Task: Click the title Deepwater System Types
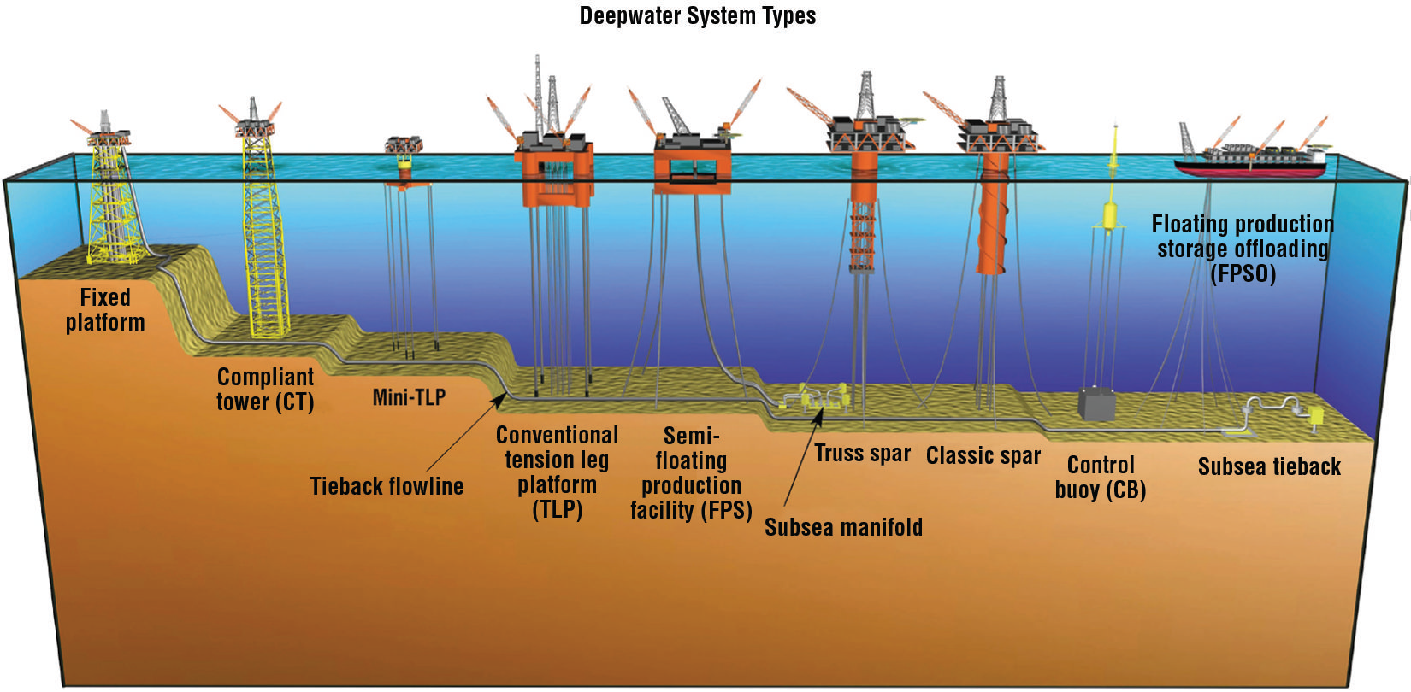[697, 15]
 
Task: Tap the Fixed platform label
[105, 310]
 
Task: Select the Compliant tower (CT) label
[265, 390]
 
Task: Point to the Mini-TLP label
[409, 397]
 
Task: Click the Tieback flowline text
[387, 486]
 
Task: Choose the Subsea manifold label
[843, 527]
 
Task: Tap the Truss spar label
[862, 454]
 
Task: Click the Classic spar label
[983, 456]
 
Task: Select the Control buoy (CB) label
[1101, 478]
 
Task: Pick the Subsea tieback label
[1269, 467]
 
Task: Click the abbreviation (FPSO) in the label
[1243, 274]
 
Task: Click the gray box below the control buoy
[1095, 403]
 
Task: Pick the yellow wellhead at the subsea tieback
[1315, 416]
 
